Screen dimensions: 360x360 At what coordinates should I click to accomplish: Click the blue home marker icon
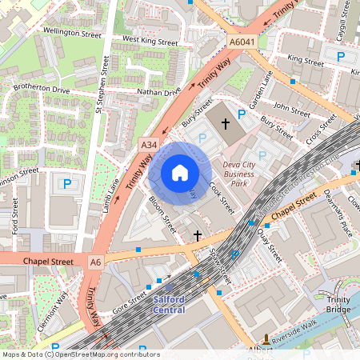coord(180,173)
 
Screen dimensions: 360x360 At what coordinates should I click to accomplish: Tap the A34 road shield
coord(148,145)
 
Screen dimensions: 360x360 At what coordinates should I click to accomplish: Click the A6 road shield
coord(96,262)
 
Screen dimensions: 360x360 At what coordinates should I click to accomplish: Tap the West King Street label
coord(150,40)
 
